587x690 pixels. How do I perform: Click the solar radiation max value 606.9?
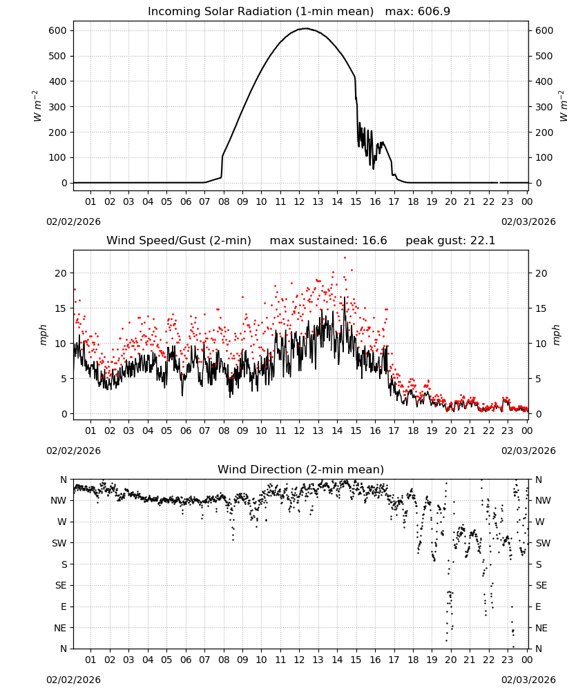pos(434,12)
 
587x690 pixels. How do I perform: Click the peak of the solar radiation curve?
pos(306,28)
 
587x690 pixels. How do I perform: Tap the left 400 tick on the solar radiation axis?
pos(58,81)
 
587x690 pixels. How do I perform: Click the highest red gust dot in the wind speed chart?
pos(345,258)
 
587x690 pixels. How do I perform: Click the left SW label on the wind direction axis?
pos(59,543)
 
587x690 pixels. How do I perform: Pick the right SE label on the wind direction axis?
pos(541,585)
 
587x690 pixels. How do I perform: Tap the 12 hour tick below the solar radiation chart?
pos(299,201)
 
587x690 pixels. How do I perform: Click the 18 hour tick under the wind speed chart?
pos(413,431)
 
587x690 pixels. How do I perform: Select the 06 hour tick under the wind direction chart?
pos(185,660)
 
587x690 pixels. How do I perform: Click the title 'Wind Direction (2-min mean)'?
pos(301,469)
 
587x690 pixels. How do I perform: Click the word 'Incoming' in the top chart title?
pos(169,12)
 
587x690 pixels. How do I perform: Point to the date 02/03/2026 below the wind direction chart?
pos(528,680)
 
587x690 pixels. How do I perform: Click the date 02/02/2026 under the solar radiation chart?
pos(73,221)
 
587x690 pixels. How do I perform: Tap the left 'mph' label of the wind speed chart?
pos(43,335)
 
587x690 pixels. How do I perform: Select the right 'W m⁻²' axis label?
pos(564,106)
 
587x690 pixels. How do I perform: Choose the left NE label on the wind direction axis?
pos(60,628)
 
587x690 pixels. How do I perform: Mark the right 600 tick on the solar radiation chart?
pos(544,31)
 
